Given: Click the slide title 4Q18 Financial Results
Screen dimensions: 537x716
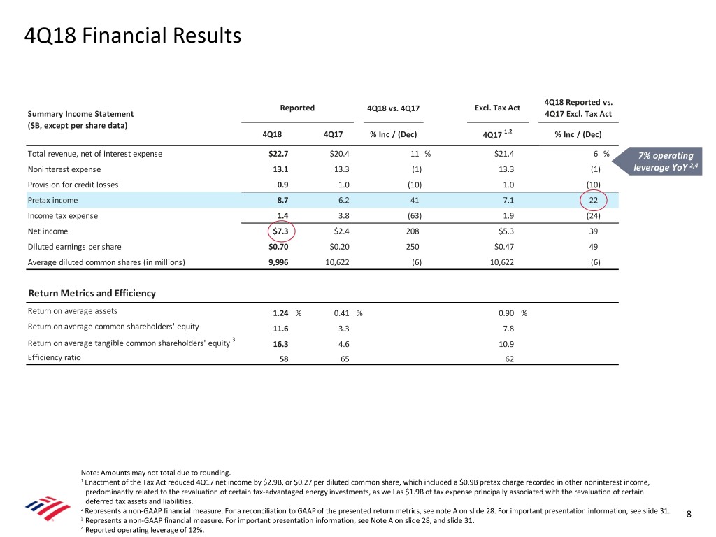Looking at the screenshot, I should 132,35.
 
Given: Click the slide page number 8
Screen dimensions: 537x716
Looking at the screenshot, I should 689,515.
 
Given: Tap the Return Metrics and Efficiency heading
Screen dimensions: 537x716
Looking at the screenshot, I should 92,293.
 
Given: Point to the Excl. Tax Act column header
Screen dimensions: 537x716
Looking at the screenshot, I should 496,108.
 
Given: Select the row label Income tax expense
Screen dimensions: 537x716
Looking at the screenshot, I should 62,215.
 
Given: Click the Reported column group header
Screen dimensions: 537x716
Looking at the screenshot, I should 297,108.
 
